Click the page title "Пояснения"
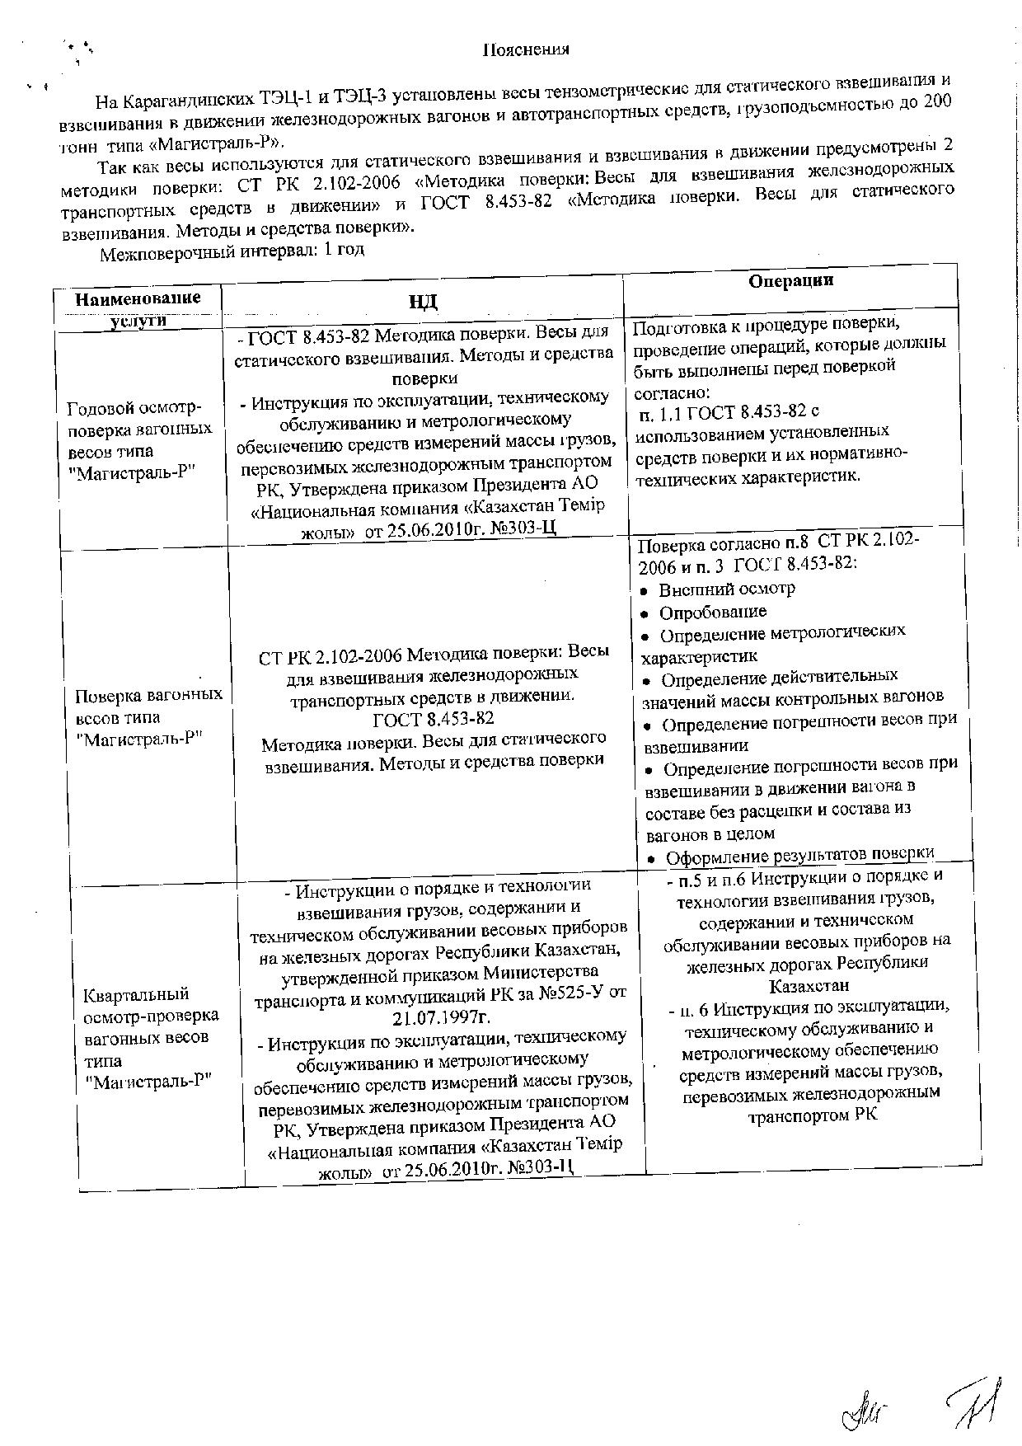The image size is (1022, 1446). (526, 50)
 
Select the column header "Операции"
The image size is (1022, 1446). (791, 281)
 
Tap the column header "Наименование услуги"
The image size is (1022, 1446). (138, 308)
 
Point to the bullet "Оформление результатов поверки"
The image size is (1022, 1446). (799, 855)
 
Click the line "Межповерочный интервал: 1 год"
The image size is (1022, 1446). (232, 251)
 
